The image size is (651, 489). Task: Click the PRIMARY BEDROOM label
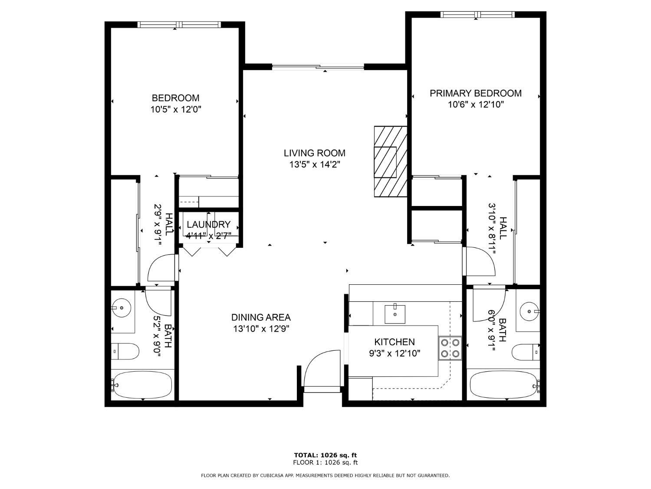pyautogui.click(x=475, y=93)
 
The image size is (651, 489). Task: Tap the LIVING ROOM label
pyautogui.click(x=314, y=153)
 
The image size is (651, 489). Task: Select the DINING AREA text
pyautogui.click(x=261, y=317)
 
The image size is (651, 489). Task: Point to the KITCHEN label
pyautogui.click(x=394, y=342)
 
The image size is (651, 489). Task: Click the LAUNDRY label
pyautogui.click(x=208, y=224)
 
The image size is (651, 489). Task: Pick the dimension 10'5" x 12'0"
pyautogui.click(x=175, y=110)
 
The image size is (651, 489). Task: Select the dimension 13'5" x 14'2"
pyautogui.click(x=314, y=165)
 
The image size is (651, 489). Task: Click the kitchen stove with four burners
pyautogui.click(x=450, y=348)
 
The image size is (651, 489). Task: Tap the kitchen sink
pyautogui.click(x=395, y=314)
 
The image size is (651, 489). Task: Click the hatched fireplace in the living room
pyautogui.click(x=391, y=162)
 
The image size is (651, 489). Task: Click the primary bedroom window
pyautogui.click(x=477, y=15)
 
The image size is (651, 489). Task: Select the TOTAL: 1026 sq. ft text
pyautogui.click(x=325, y=455)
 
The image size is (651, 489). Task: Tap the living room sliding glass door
pyautogui.click(x=318, y=67)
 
